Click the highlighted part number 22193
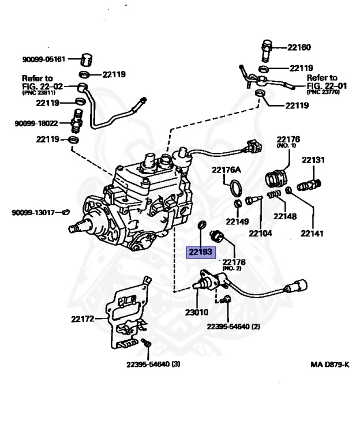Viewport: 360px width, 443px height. [200, 252]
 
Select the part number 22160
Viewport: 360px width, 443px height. [299, 47]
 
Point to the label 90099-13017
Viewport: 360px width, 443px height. [33, 212]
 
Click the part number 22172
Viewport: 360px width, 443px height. [83, 318]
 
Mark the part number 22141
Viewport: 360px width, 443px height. [312, 234]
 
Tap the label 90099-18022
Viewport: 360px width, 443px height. [36, 123]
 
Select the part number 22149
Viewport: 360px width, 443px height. [237, 221]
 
